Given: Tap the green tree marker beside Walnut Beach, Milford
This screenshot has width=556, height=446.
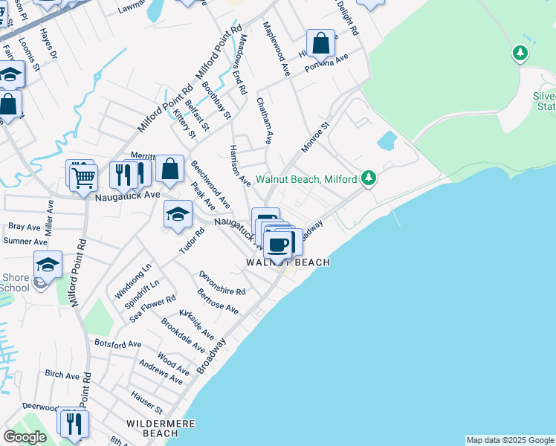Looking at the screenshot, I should pos(367,178).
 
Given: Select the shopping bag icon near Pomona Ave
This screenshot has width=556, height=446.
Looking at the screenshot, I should pos(321,44).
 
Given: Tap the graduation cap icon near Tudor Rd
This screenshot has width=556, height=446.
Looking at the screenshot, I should pos(178,215).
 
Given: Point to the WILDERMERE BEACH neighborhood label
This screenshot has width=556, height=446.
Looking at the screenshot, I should pos(159,428).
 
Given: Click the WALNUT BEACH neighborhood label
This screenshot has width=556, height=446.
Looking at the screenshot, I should pos(288,262).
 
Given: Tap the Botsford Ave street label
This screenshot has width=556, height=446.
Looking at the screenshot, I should pos(117,344).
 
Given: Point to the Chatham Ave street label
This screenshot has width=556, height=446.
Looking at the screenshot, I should pos(265,120).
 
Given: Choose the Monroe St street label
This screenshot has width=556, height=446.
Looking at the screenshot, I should pos(315,138).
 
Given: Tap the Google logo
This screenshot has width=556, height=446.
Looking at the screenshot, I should pos(25,437).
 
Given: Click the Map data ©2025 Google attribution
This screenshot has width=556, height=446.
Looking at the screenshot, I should pos(510,440).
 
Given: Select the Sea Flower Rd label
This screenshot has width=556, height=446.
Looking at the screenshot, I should pos(152,308).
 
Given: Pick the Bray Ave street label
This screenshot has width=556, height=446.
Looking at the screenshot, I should pos(25,226).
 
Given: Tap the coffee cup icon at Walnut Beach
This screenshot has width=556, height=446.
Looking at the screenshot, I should pos(279,244).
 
